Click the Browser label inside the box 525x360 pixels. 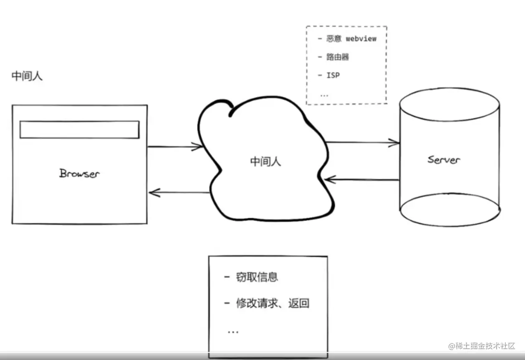(79, 173)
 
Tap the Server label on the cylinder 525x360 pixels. (444, 159)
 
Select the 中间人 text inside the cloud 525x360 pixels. (265, 161)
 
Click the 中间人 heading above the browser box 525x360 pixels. (27, 76)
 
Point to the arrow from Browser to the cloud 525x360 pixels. (175, 146)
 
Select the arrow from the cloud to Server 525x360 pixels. (362, 143)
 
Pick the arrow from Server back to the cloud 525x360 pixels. (361, 180)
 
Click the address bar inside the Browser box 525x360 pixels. (79, 129)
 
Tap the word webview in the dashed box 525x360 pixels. (361, 39)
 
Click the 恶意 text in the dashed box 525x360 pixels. (334, 39)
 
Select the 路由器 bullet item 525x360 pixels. (338, 57)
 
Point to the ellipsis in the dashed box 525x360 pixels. (324, 95)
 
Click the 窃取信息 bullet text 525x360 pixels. (257, 277)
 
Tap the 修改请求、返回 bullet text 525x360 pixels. (273, 303)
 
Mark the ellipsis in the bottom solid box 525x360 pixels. (233, 332)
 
